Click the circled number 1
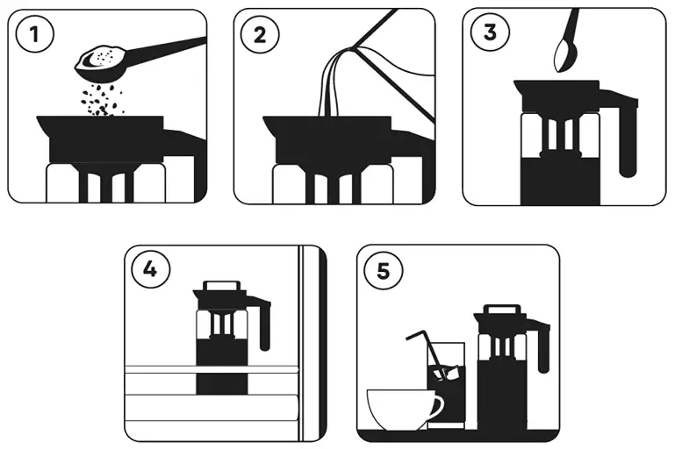coord(36,35)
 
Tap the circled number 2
coord(261,35)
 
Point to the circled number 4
coord(150,269)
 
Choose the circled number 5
coord(382,271)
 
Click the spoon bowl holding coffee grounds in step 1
coord(101,59)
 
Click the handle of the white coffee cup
coord(436,405)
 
